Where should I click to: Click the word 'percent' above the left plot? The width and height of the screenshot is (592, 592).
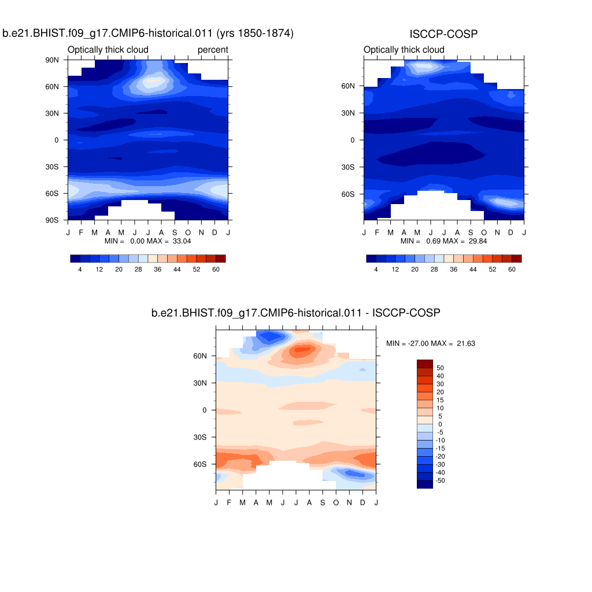[213, 50]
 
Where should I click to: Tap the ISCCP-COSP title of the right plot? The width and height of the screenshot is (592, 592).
[443, 35]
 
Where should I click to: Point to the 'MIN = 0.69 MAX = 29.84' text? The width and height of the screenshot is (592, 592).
[443, 240]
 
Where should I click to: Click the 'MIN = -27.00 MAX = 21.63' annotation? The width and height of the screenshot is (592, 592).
[431, 343]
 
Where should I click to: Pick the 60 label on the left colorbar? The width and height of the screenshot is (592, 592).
[216, 269]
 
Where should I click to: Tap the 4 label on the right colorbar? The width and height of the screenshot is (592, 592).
[376, 269]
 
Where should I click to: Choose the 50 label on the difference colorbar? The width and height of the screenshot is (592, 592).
[440, 367]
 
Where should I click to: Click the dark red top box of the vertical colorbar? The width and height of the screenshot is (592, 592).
[424, 363]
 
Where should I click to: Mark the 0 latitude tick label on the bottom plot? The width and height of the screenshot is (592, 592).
[204, 410]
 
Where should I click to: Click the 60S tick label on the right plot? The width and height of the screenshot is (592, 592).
[348, 194]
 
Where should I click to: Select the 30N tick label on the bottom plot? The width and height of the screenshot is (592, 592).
[200, 383]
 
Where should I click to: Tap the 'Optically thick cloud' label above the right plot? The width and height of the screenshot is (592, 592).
[404, 50]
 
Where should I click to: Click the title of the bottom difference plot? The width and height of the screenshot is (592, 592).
[296, 313]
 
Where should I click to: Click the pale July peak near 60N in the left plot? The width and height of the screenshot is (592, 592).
[151, 82]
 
